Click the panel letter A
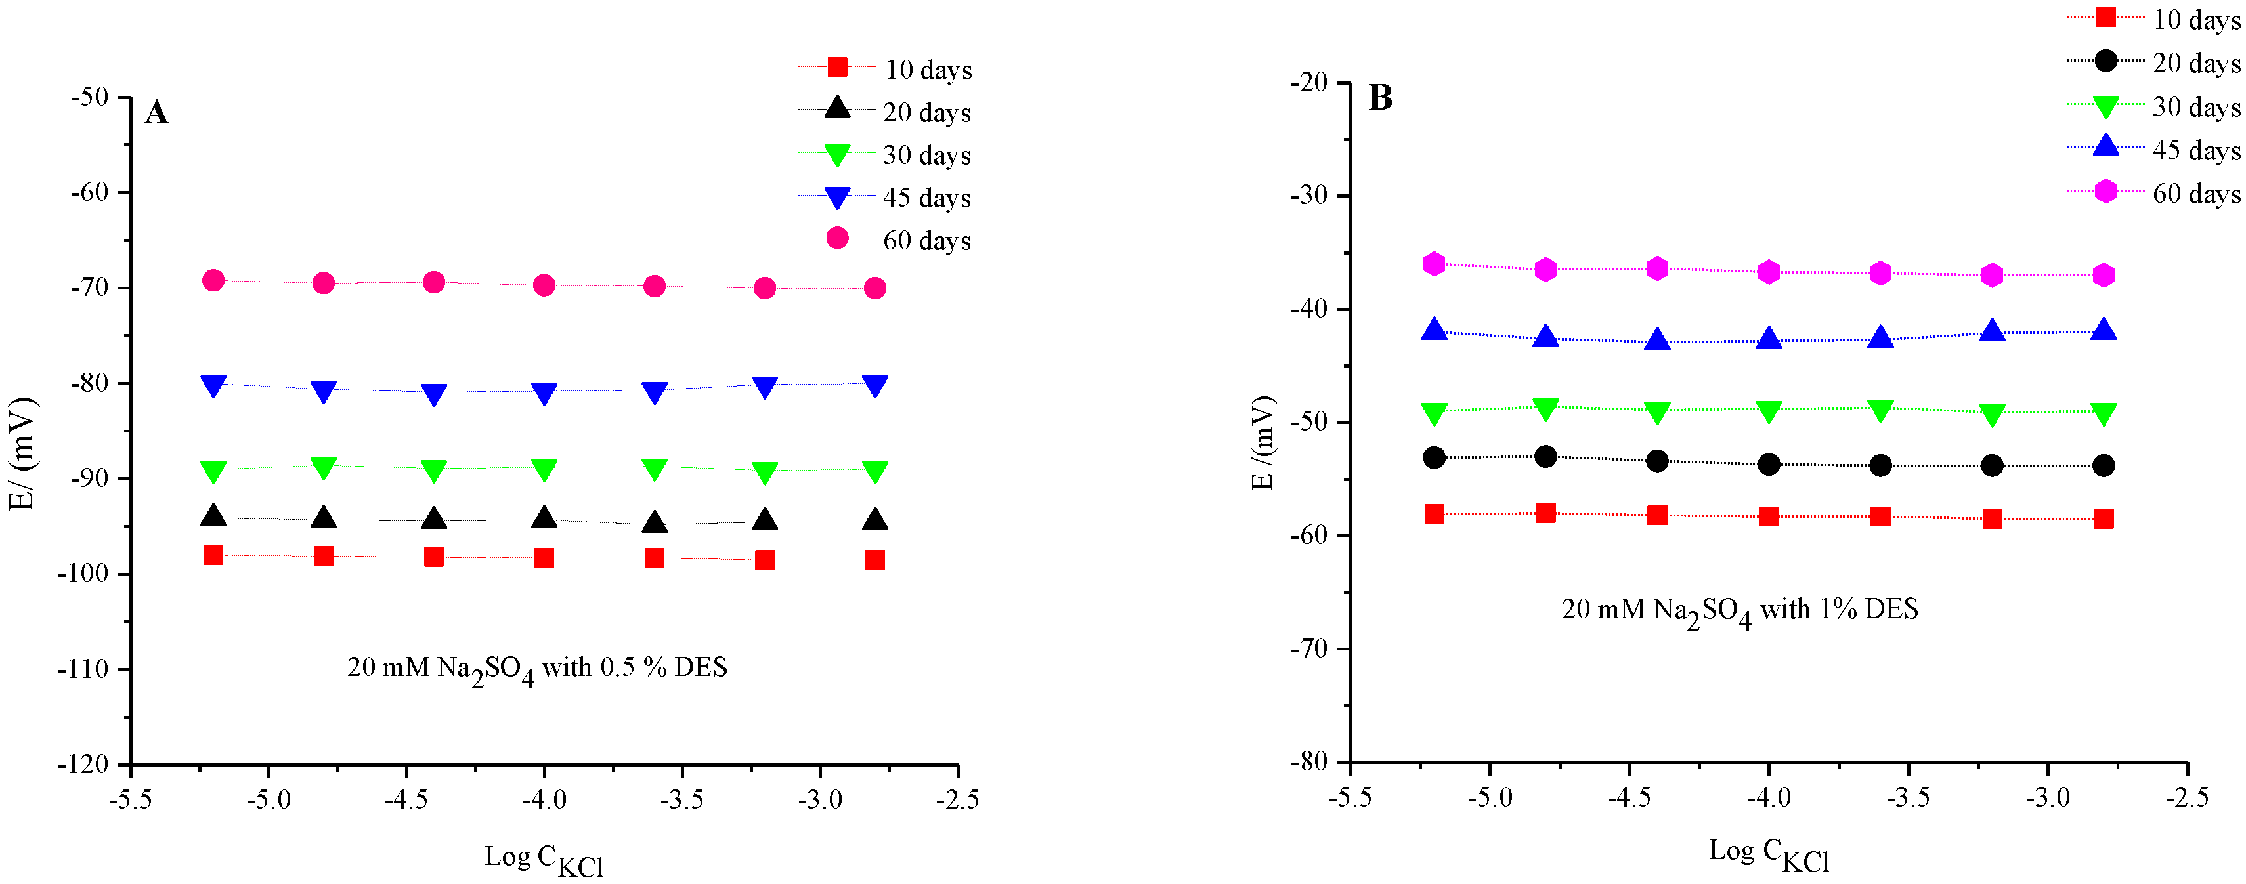pos(156,112)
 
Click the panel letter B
pos(1380,98)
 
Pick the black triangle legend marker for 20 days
pos(837,109)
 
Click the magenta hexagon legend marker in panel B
pos(2105,191)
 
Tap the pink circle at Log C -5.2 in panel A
pos(213,280)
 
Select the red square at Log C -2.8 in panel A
pos(875,560)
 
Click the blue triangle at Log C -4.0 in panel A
pos(544,393)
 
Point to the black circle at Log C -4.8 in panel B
pos(1545,456)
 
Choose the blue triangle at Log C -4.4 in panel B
pos(1656,340)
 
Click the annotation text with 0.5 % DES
pos(537,669)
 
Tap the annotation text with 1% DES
pos(1739,610)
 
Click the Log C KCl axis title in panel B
pos(1768,854)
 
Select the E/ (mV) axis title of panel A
pos(23,453)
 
